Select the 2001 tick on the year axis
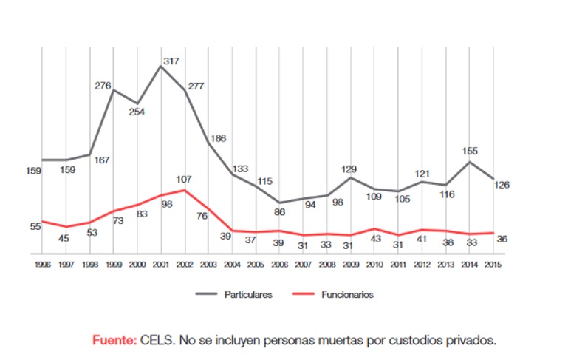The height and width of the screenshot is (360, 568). [160, 264]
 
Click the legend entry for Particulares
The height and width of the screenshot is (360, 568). [248, 294]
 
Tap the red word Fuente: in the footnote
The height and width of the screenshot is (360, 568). [114, 340]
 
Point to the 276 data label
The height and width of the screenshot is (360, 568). [103, 86]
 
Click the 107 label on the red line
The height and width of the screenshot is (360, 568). [183, 179]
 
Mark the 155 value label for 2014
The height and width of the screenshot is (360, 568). [470, 151]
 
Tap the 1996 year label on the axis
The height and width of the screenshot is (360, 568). [42, 264]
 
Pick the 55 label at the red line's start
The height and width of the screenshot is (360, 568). [35, 225]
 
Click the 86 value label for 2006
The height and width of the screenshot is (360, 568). [279, 212]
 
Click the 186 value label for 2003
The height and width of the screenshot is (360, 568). [219, 138]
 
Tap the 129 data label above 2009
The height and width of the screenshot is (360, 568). [349, 169]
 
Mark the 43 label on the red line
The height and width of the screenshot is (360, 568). [374, 239]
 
